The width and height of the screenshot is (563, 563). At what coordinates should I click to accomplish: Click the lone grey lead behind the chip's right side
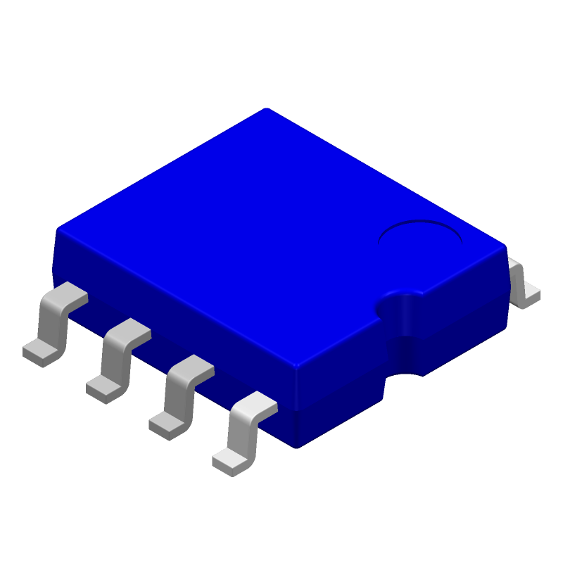(523, 283)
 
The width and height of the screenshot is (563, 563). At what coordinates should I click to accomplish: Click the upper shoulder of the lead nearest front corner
(257, 401)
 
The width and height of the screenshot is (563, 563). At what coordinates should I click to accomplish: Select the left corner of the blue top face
(59, 229)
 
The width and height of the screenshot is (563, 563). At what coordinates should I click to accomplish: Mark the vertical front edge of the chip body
(296, 405)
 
